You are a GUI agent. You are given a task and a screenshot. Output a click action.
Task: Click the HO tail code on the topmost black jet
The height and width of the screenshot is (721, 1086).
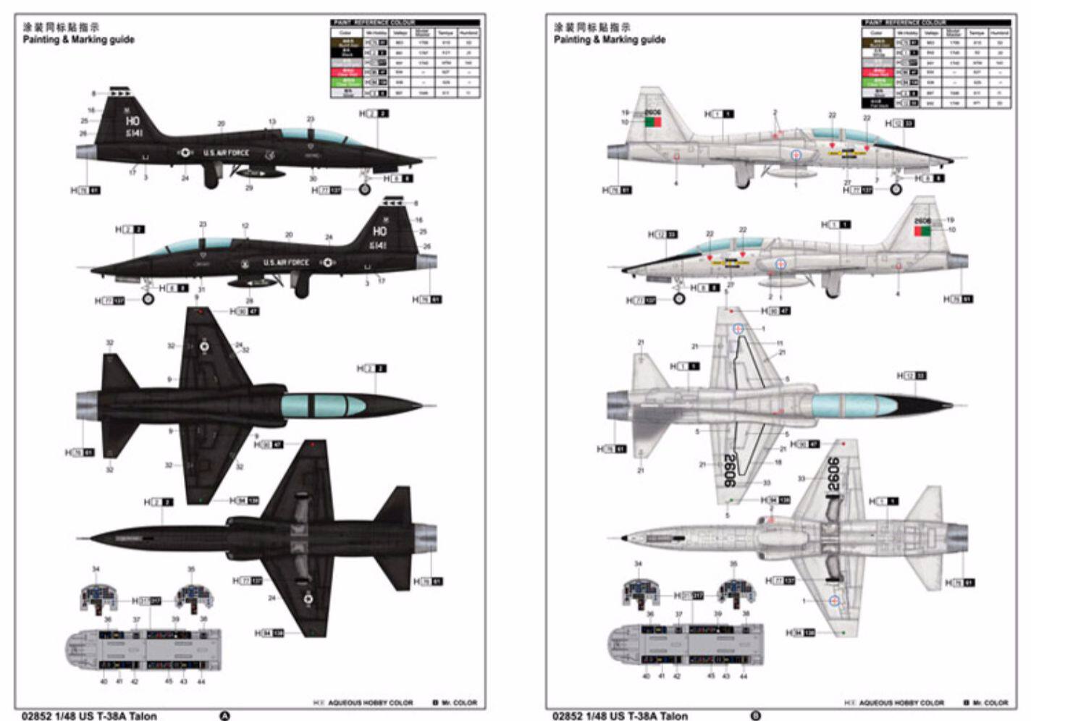tap(132, 120)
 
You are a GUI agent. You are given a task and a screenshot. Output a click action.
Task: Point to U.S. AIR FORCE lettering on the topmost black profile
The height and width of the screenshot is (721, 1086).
tap(225, 153)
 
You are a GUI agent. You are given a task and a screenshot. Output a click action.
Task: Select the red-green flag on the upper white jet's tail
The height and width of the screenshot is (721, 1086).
tap(653, 122)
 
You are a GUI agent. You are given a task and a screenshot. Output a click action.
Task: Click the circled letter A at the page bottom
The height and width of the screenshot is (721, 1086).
tap(224, 716)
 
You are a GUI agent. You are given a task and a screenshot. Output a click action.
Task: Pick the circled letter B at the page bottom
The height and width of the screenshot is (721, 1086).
tap(756, 716)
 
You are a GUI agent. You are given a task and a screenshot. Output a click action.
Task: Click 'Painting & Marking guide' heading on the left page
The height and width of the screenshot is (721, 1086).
tap(78, 40)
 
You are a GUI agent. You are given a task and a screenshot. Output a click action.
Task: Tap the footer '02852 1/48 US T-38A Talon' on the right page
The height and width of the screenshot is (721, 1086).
tap(620, 716)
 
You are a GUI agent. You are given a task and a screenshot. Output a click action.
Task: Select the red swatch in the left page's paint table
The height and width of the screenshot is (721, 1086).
tap(348, 72)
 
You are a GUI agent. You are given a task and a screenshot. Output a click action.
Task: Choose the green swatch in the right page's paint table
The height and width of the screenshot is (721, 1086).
tap(879, 82)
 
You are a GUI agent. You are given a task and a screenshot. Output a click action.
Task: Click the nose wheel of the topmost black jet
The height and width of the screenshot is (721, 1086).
tap(365, 189)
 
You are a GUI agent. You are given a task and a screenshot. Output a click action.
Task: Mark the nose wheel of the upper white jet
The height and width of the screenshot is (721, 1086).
tap(896, 189)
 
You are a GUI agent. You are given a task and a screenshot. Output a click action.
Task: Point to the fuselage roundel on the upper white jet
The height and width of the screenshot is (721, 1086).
tap(795, 154)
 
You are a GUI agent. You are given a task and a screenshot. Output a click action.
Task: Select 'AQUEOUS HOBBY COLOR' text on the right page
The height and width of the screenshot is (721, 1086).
tap(901, 702)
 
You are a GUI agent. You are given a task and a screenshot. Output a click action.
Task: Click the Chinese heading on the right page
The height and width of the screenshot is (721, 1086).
tap(592, 28)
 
